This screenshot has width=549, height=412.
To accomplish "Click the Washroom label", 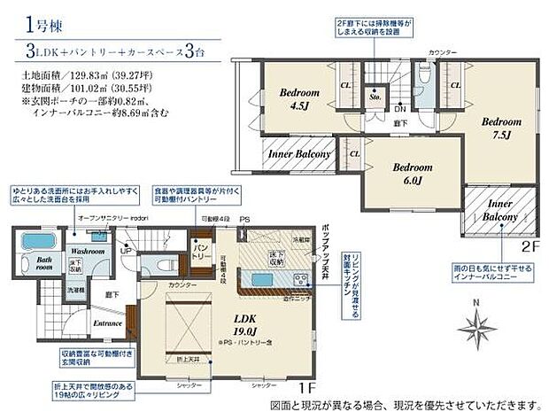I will [88, 251].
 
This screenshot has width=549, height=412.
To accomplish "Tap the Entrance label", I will [109, 324].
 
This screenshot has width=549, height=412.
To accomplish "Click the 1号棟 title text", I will [36, 25].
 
